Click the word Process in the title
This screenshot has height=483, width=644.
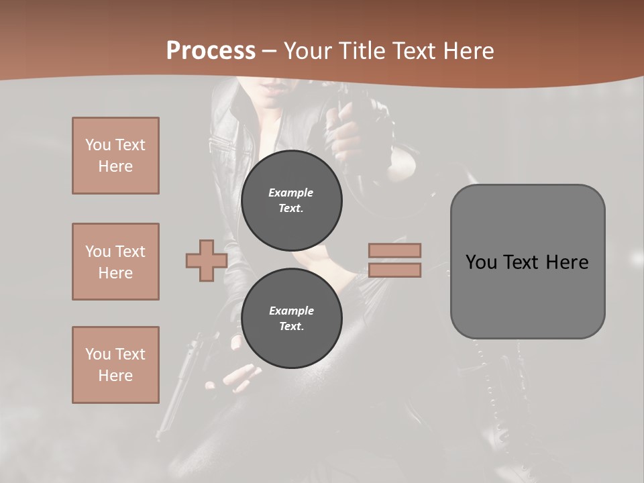pos(211,51)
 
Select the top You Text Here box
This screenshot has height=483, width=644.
pos(115,156)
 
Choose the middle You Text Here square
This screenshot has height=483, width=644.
pos(115,262)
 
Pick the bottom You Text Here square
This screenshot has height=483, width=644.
pos(115,365)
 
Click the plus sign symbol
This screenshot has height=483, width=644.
pos(207,260)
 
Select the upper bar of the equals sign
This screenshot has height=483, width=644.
pos(394,250)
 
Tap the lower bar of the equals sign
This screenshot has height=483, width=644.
pos(394,270)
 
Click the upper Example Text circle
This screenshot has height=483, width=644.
pos(291,200)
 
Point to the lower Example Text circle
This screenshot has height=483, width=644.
pos(291,318)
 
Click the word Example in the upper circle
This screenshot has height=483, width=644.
pos(291,193)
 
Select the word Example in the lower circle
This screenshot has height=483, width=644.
pos(291,311)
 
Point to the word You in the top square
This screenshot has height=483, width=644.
pos(98,145)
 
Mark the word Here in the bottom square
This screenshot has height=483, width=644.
pos(115,376)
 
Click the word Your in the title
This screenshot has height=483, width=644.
pos(308,51)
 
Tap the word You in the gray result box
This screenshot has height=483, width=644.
pos(481,262)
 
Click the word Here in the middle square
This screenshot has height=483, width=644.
pos(115,273)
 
